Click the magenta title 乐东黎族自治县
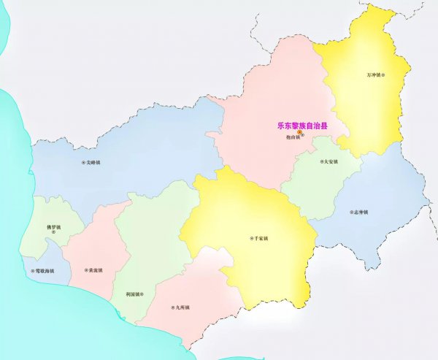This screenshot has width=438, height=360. tap(301, 126)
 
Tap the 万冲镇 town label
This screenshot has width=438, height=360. tap(374, 74)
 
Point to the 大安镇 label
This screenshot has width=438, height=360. tap(331, 161)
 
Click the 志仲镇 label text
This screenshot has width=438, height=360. tap(360, 212)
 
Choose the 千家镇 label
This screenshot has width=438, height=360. tap(261, 238)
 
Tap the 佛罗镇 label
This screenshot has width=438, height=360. tap(53, 226)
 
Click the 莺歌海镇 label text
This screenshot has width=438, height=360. tap(45, 271)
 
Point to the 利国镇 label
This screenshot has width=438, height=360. tap(132, 294)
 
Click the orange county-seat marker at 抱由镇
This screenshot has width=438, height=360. tap(299, 132)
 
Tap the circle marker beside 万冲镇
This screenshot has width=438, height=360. tap(385, 74)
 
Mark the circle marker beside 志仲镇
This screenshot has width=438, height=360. tap(350, 212)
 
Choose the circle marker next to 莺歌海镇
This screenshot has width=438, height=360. tap(33, 271)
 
